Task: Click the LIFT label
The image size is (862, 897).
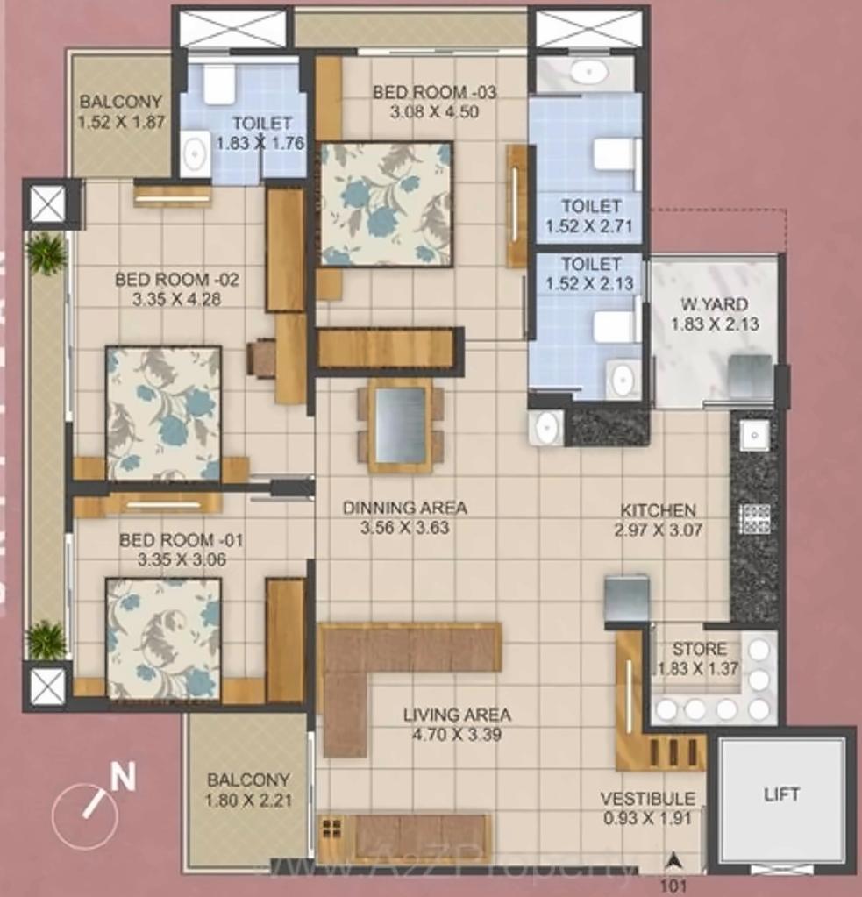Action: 781,794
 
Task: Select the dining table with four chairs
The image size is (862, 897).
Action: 400,425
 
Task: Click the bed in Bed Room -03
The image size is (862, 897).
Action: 386,203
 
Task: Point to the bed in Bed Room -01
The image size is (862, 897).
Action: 163,638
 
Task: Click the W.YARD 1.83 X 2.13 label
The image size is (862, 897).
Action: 715,314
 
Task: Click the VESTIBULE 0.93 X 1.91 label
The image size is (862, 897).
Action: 648,808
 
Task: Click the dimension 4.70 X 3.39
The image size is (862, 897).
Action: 457,735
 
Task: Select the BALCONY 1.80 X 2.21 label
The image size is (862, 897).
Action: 247,789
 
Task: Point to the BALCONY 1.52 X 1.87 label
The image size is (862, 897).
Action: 121,111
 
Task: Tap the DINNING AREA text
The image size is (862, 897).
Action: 405,508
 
